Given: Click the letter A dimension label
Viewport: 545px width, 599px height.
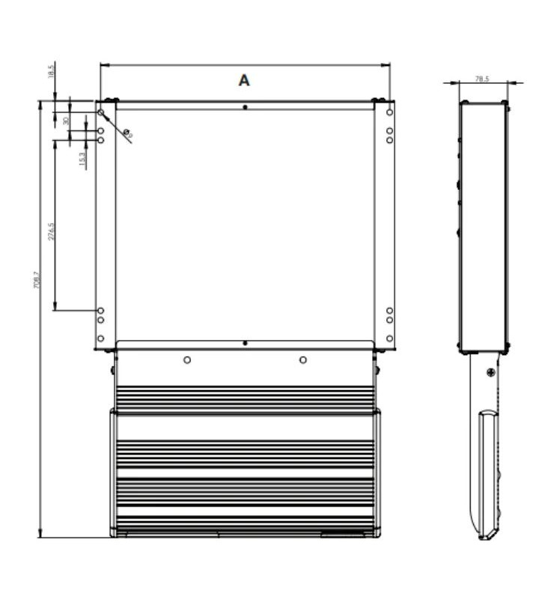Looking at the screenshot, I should pos(244,81).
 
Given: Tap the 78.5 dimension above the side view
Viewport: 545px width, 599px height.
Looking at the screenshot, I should pos(482,79).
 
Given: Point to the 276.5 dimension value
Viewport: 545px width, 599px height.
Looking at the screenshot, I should pos(50,233).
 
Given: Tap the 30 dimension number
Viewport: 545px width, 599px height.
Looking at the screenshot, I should pos(66,121).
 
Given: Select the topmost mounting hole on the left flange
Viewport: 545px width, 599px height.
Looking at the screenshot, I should pos(101,112).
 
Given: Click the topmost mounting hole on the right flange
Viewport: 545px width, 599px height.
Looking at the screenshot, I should pos(389,112).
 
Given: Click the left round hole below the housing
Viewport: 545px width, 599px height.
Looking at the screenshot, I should pos(187,360).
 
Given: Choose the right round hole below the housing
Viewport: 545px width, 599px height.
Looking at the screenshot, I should pos(303,360).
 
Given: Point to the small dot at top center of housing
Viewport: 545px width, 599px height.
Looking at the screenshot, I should pos(245,107).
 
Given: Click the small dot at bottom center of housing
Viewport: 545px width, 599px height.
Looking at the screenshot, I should pos(245,343).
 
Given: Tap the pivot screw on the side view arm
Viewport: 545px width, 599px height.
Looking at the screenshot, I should pos(490,373).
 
